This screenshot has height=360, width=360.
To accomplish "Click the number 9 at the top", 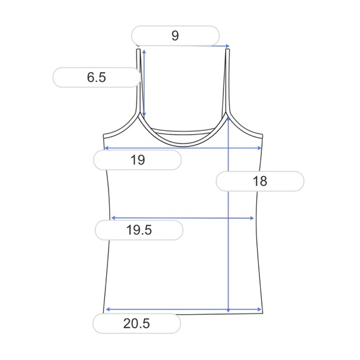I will (175, 36).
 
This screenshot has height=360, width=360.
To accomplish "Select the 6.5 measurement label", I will (97, 78).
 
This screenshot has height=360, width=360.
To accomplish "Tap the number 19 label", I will (138, 160).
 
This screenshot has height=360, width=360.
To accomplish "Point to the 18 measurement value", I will (260, 181).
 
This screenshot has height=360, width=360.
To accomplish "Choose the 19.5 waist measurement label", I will (139, 230).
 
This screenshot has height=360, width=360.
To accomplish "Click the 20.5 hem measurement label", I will (137, 323).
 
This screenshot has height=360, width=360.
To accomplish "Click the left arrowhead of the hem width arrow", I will (107, 309).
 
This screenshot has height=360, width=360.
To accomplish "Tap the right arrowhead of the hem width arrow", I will (260, 309).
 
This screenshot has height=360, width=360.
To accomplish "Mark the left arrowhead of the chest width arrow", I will (106, 148).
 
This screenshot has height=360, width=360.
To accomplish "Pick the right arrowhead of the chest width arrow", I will (261, 148).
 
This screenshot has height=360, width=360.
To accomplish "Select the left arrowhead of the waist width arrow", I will (112, 218).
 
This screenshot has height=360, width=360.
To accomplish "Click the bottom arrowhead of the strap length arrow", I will (144, 116).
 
